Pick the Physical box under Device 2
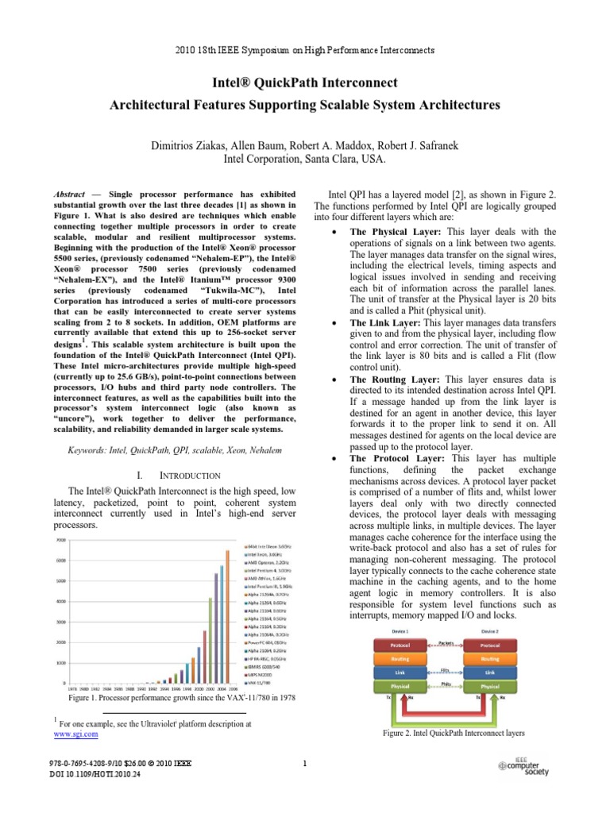pyautogui.click(x=490, y=685)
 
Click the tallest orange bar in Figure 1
pyautogui.click(x=226, y=615)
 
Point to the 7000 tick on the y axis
pyautogui.click(x=60, y=540)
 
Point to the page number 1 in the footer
pyautogui.click(x=305, y=764)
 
